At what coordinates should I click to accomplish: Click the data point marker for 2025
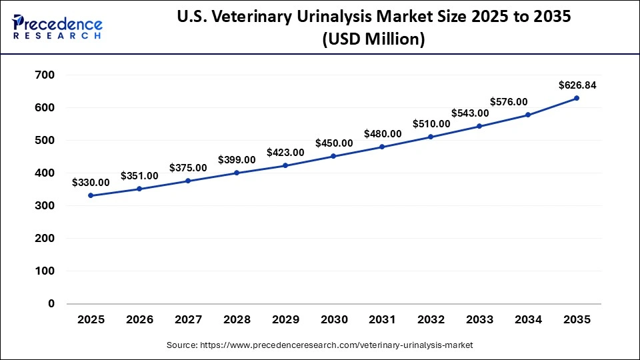point(91,195)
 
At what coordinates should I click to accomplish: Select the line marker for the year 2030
point(333,156)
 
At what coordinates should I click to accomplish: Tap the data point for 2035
point(577,98)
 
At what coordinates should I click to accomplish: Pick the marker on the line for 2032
point(431,137)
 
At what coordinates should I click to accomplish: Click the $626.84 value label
point(577,85)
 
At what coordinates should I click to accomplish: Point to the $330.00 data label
point(91,182)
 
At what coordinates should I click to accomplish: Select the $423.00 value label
point(285,152)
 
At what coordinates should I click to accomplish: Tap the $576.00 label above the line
point(509,102)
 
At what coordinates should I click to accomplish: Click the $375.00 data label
point(188,167)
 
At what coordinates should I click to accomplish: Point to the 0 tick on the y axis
point(51,304)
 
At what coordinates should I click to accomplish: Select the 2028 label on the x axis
point(237,320)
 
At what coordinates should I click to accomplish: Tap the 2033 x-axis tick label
point(479,320)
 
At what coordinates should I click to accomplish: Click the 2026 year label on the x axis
point(139,320)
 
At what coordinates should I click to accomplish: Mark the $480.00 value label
point(383,133)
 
